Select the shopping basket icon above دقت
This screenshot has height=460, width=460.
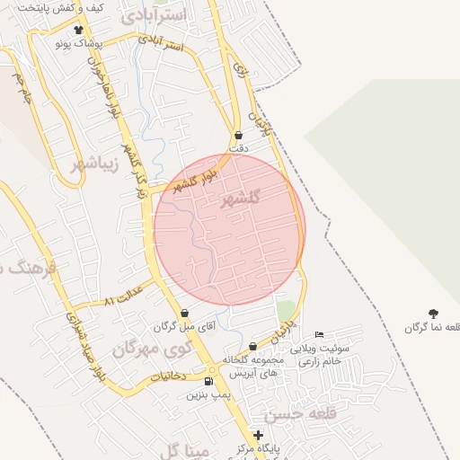(237, 136)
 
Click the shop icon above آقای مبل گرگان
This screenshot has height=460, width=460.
(185, 314)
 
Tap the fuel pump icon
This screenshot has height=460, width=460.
(208, 381)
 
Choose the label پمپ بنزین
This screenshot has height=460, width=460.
(208, 394)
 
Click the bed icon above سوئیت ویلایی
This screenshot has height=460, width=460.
(318, 334)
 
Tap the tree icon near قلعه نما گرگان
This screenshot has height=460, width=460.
(434, 314)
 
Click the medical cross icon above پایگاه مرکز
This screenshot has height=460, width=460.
(259, 435)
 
